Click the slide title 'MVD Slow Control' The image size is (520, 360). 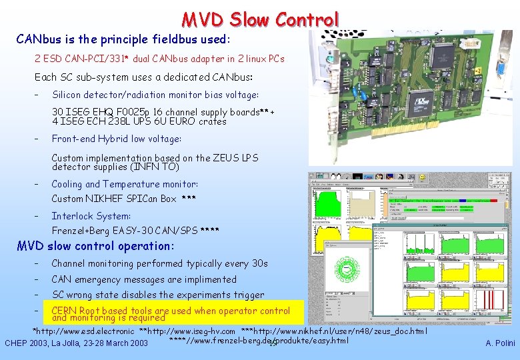tap(261, 19)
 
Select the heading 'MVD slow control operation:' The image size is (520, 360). tap(95, 246)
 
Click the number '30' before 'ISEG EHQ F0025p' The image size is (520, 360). tap(58, 112)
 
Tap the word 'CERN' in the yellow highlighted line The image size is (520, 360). tap(64, 311)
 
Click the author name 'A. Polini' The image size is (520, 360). tap(499, 343)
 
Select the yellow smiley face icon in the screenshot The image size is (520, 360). tap(421, 179)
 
